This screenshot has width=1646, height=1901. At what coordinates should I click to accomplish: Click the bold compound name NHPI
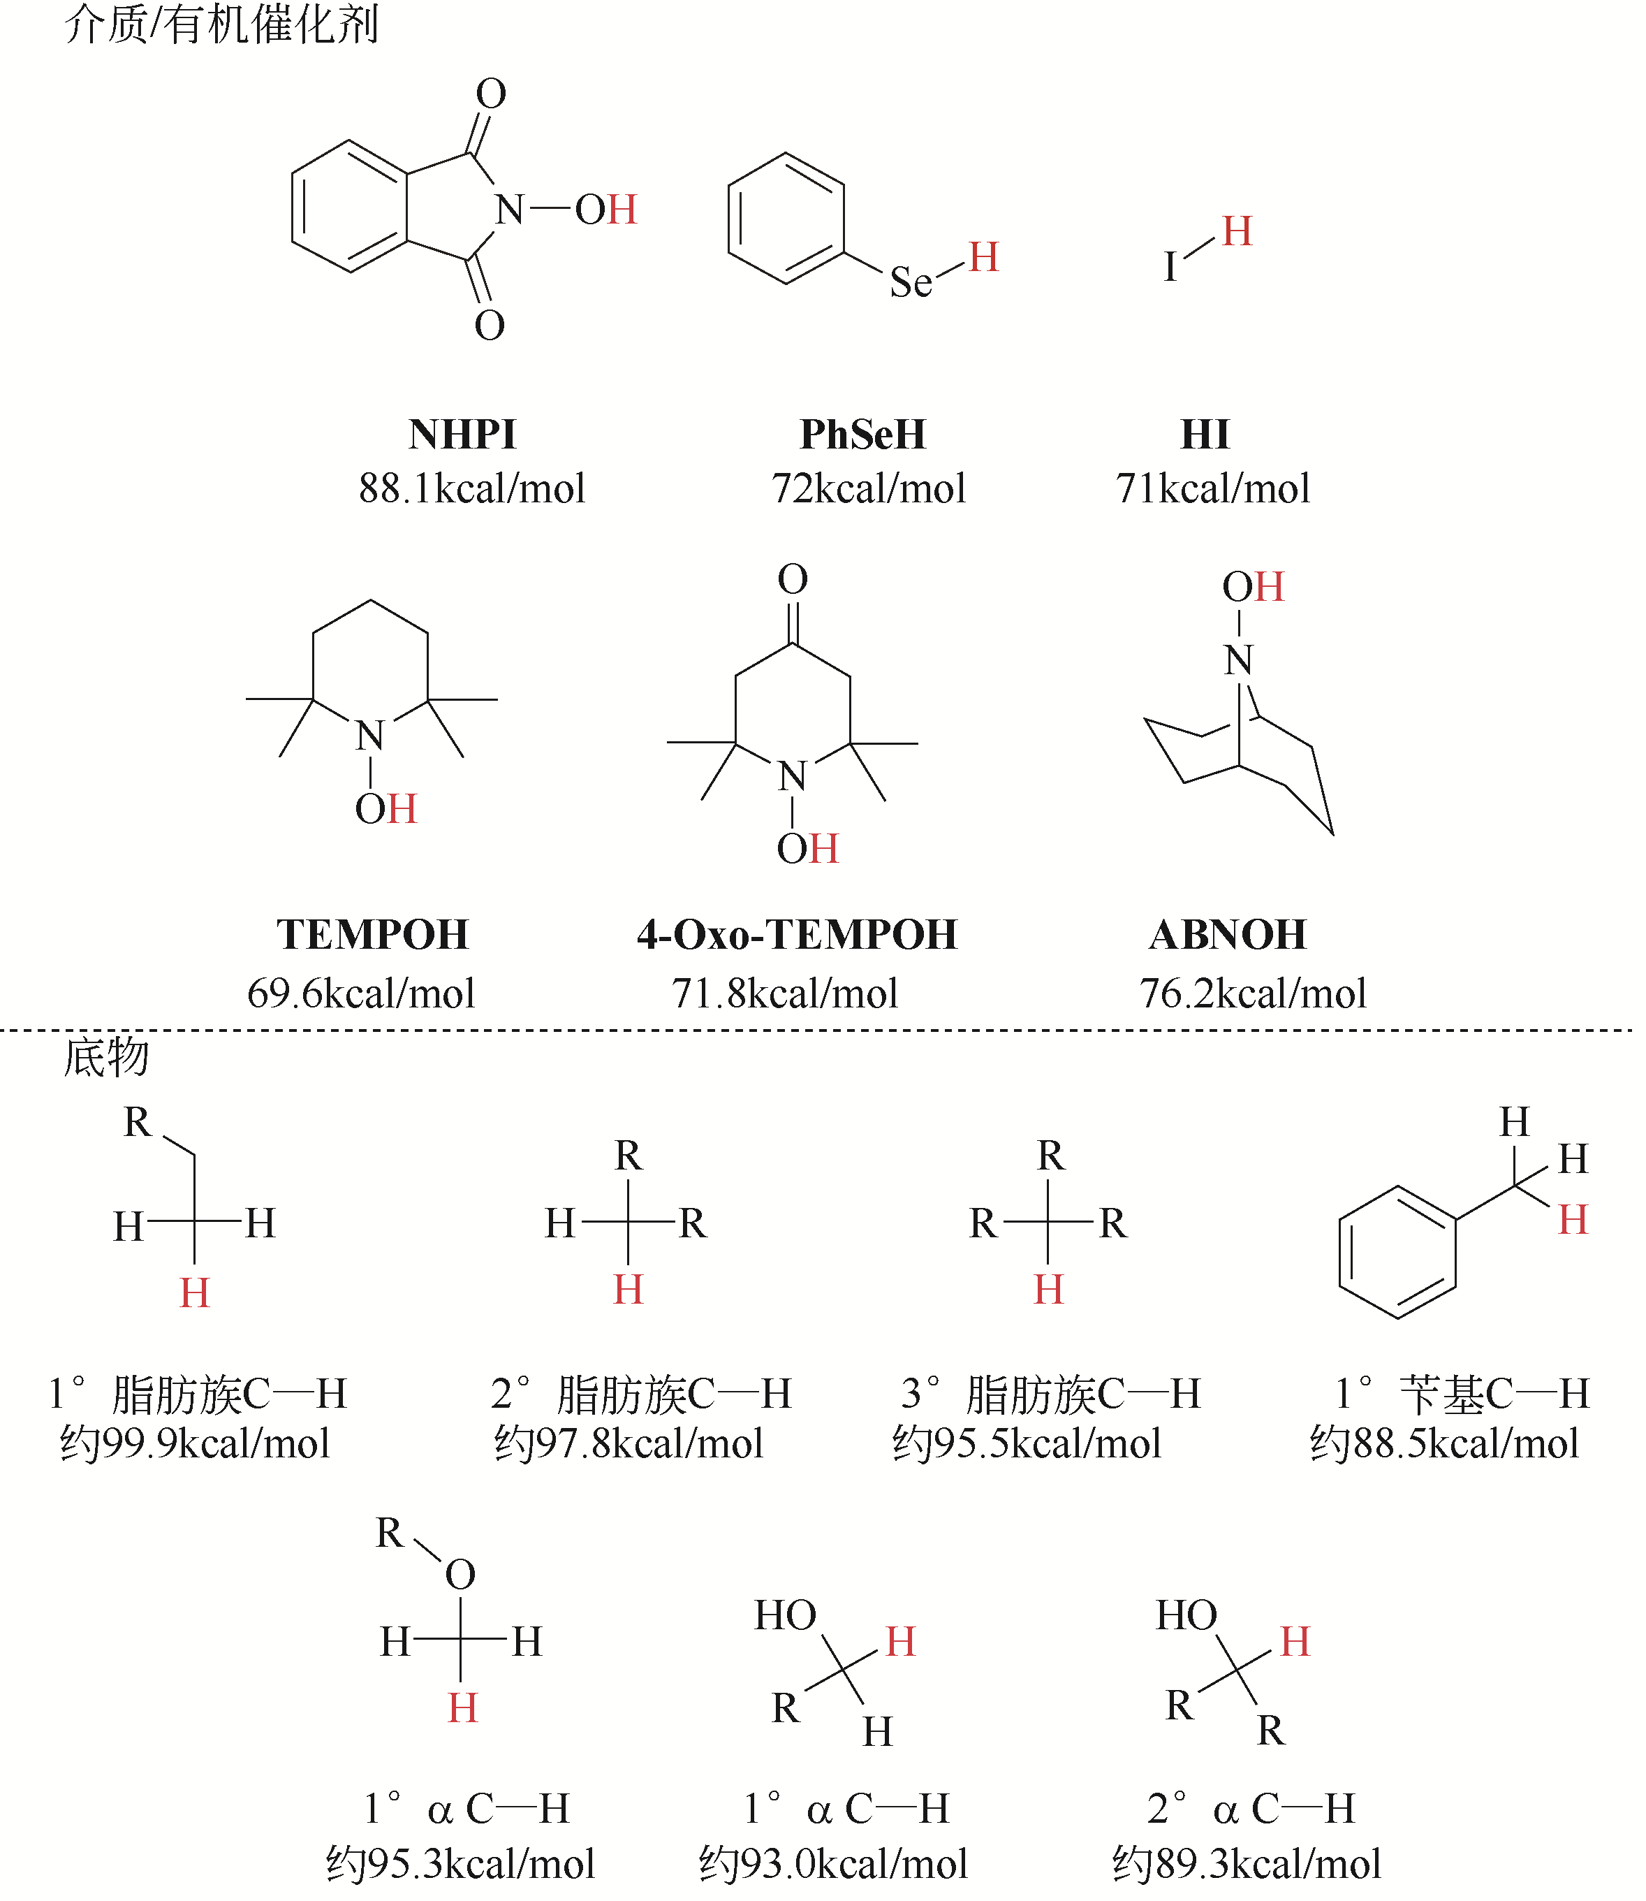click(462, 435)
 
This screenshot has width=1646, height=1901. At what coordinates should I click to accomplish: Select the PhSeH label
click(862, 435)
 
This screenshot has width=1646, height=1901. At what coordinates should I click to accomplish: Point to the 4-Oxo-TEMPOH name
click(796, 934)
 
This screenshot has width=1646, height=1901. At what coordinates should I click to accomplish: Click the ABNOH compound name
click(1227, 934)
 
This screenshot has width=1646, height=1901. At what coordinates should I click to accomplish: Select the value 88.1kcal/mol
click(471, 488)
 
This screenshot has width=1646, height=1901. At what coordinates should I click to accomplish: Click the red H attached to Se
click(983, 257)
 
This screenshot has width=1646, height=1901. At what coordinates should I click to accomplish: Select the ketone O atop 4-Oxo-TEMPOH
click(793, 580)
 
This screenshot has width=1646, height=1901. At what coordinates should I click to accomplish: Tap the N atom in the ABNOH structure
click(1238, 660)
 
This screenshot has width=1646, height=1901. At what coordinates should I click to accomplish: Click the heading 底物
click(105, 1058)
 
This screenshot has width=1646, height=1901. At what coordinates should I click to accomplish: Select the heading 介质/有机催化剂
click(221, 24)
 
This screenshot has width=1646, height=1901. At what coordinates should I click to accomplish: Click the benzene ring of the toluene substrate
click(1397, 1253)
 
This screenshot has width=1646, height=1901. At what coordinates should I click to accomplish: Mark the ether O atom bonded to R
click(460, 1575)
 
